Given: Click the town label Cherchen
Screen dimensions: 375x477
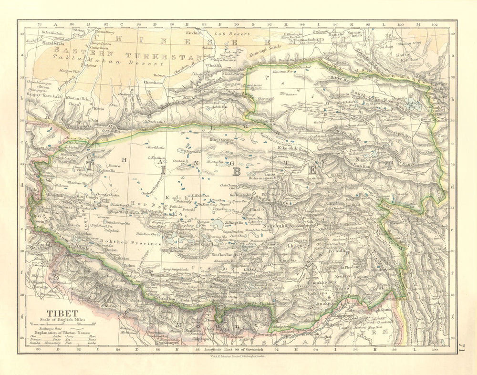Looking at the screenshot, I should tap(153, 82).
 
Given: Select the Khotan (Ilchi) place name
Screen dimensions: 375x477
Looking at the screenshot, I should tap(80, 98).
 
